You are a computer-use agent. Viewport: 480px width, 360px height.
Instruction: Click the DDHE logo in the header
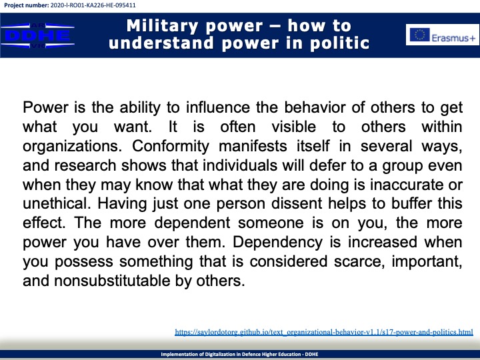click(37, 35)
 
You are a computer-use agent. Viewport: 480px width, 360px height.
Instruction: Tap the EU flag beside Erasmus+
click(420, 35)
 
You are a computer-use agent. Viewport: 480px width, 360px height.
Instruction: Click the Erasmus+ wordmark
click(454, 38)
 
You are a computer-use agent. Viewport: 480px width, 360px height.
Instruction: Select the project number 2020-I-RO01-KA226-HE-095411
click(93, 5)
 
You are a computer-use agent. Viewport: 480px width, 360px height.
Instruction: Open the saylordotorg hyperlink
click(324, 332)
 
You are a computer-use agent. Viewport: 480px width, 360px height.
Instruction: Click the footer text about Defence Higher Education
click(240, 354)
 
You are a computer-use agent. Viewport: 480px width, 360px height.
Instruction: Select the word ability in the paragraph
click(140, 108)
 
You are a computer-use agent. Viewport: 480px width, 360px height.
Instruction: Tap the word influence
click(218, 107)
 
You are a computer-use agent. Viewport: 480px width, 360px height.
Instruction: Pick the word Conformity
click(171, 146)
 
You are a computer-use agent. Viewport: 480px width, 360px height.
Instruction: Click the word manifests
click(253, 146)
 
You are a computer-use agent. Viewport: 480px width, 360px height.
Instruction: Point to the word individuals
click(240, 165)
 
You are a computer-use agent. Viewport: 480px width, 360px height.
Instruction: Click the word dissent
click(296, 204)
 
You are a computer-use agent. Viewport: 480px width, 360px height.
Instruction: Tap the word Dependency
click(277, 243)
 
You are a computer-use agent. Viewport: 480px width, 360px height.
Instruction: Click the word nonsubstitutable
click(112, 281)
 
